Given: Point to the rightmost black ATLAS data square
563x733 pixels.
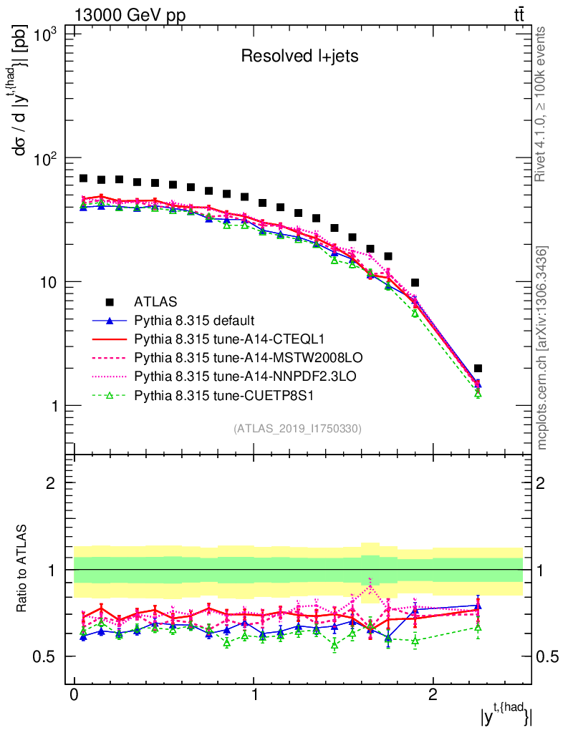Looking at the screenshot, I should (x=478, y=369).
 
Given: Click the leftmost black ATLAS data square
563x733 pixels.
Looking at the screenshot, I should (x=83, y=178).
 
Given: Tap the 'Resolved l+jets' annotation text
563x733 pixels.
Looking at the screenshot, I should (x=299, y=57).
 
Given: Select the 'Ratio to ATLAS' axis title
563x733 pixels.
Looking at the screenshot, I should (x=24, y=570).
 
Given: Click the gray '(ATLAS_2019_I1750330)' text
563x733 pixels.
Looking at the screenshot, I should (x=297, y=429).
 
